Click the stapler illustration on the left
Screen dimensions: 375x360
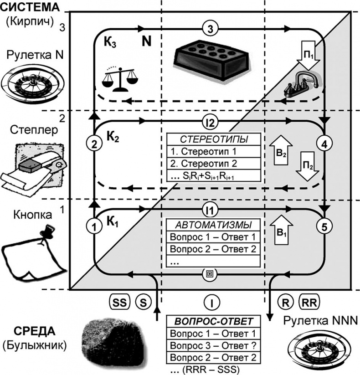pos(34,166)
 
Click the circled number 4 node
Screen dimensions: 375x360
pos(324,145)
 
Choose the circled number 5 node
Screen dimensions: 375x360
pos(324,226)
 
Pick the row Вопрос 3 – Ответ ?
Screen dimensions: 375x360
pos(213,345)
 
